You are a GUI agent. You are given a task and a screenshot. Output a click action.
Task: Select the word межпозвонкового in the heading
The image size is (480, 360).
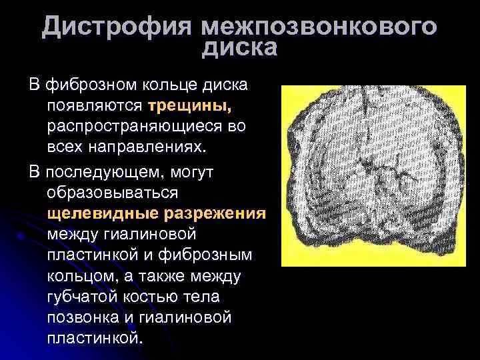tap(320, 28)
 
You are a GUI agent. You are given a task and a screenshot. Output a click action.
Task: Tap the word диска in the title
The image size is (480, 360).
tap(239, 49)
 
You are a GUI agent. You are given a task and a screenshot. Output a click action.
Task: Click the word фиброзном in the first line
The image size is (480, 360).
tap(88, 85)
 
